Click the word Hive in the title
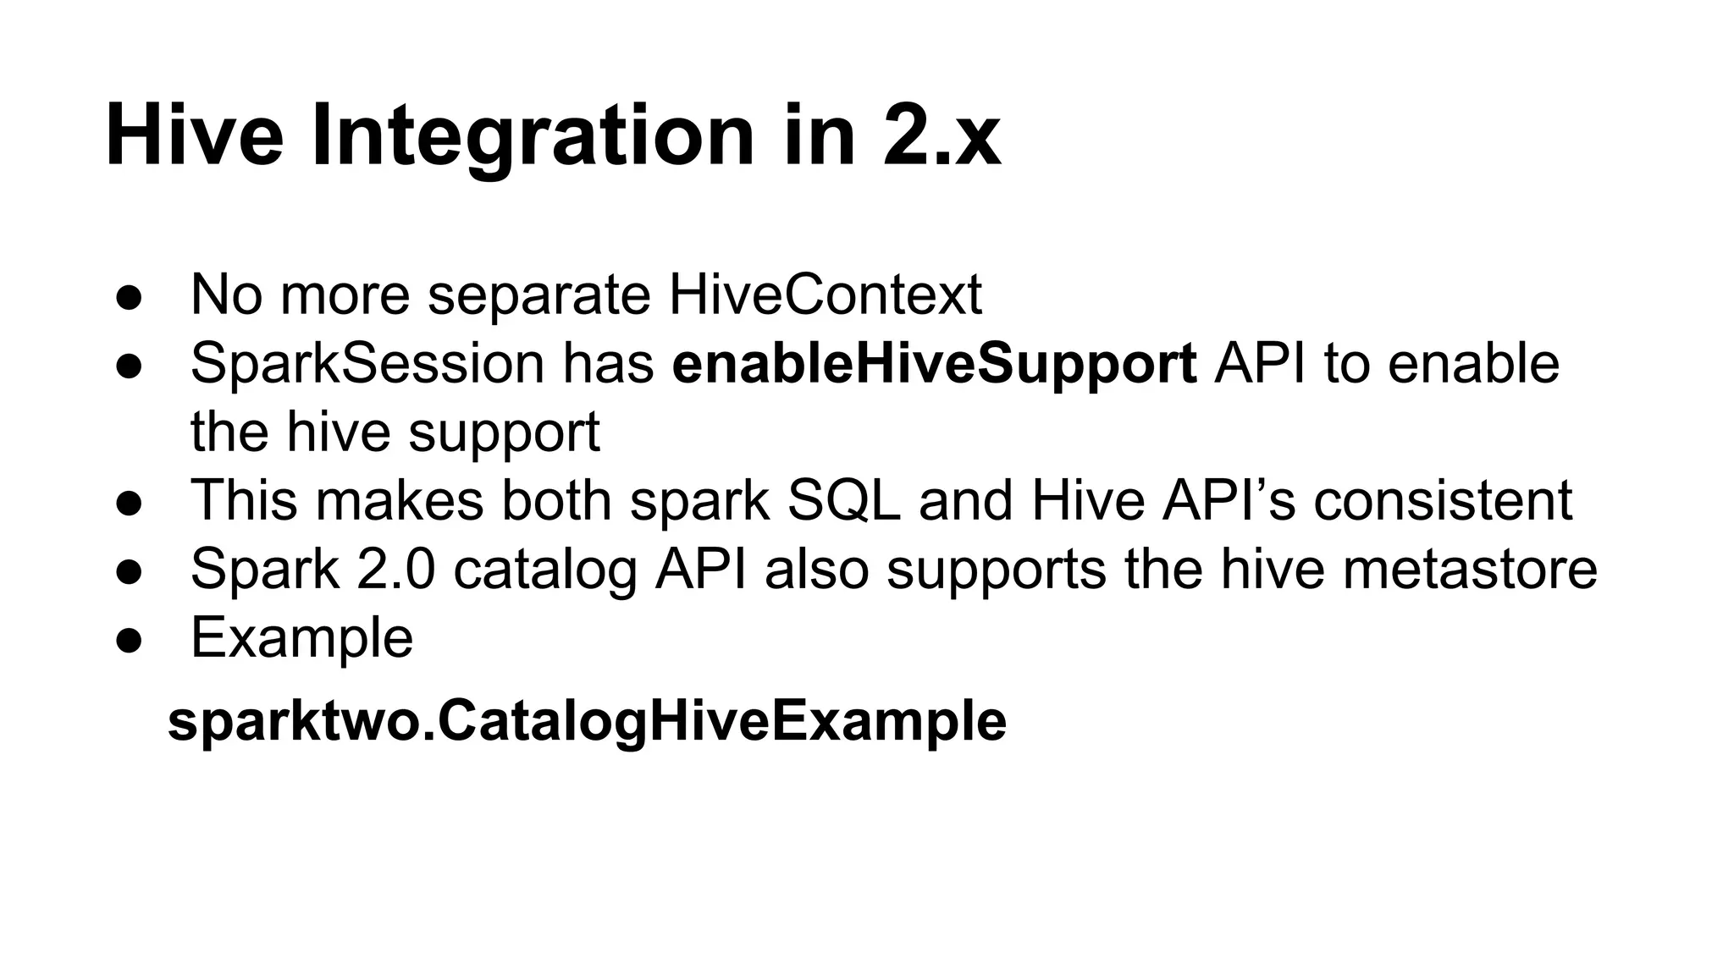[x=194, y=135]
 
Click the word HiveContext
[x=825, y=295]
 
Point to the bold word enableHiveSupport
[x=934, y=364]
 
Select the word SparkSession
[x=367, y=364]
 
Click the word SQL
[x=843, y=500]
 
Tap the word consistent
[x=1443, y=500]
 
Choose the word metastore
[x=1470, y=569]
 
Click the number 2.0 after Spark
[x=395, y=569]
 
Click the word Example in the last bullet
[x=301, y=637]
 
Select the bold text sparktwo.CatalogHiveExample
[x=587, y=721]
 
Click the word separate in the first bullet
[x=538, y=295]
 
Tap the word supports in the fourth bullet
[x=996, y=569]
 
